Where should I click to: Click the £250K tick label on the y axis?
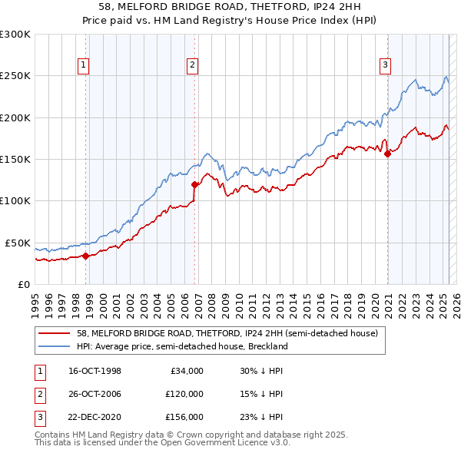pos(15,76)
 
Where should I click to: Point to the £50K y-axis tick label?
pos(18,243)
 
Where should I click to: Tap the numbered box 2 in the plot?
pos(192,66)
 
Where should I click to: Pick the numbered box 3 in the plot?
pos(385,66)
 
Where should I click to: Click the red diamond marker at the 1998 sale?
pos(85,256)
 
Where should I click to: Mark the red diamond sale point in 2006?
pos(194,184)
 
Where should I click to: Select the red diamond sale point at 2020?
pos(387,154)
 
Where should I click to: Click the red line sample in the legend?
pos(55,334)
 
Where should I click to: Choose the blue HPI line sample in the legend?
pos(55,346)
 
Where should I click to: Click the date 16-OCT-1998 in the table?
pos(95,371)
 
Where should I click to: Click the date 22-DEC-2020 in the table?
pos(95,417)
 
